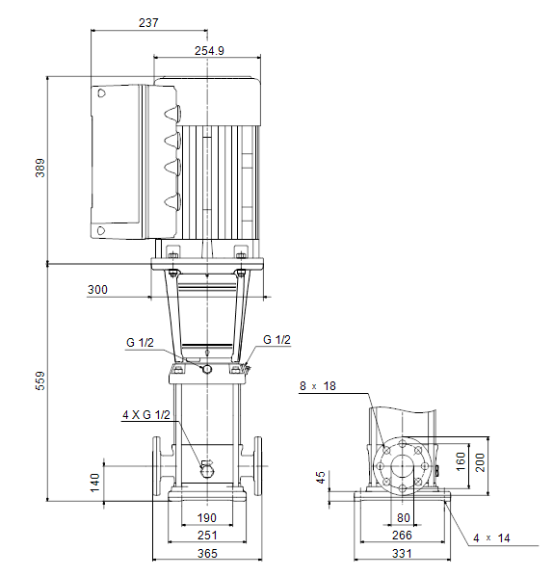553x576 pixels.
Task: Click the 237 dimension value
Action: click(x=148, y=23)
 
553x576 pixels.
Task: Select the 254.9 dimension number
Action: click(x=209, y=51)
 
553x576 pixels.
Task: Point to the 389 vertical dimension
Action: click(x=40, y=168)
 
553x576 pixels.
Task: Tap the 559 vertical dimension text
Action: click(x=40, y=380)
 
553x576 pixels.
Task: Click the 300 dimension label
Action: click(x=97, y=290)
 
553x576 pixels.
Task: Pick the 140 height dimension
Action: click(x=94, y=483)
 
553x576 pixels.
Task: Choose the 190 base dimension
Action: click(x=206, y=518)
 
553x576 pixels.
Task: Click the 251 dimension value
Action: click(x=207, y=536)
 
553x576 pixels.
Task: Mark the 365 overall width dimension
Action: click(x=207, y=553)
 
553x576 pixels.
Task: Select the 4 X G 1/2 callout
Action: click(x=146, y=415)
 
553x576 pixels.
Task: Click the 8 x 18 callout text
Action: click(x=318, y=386)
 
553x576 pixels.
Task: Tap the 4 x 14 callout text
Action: click(x=491, y=538)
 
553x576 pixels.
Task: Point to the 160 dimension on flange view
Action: click(x=461, y=461)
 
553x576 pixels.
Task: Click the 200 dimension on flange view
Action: click(x=480, y=463)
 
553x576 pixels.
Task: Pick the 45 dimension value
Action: click(x=321, y=478)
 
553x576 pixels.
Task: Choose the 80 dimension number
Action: click(x=403, y=518)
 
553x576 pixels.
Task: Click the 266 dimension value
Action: click(x=402, y=536)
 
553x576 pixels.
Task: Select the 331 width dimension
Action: click(x=402, y=553)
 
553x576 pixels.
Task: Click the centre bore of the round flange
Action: click(x=403, y=466)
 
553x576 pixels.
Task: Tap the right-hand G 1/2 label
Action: click(x=276, y=340)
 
